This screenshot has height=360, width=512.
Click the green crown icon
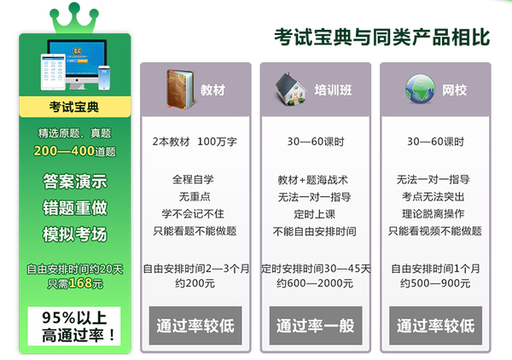[x=74, y=18]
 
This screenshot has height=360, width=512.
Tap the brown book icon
[x=180, y=89]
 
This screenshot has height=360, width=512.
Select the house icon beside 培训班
[x=291, y=89]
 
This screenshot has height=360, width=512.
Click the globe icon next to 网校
[x=420, y=89]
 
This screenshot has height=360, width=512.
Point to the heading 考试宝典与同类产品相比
[x=382, y=37]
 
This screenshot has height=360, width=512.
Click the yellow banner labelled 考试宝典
[x=75, y=107]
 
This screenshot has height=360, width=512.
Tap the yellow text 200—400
[x=64, y=151]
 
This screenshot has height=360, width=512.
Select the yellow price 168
[x=79, y=283]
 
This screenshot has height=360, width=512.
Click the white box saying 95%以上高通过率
[x=74, y=326]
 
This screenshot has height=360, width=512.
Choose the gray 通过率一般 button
[x=316, y=325]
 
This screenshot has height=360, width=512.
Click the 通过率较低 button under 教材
[x=195, y=325]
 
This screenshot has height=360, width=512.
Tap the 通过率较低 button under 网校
[x=435, y=325]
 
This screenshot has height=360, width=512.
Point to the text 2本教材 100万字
[x=195, y=142]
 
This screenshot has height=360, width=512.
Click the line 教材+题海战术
[x=313, y=180]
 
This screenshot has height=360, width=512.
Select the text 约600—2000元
[x=315, y=283]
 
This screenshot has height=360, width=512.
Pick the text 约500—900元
[x=435, y=283]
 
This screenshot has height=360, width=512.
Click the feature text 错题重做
[x=75, y=208]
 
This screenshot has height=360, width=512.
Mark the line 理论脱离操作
[x=433, y=214]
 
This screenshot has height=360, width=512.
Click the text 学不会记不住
[x=193, y=214]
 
